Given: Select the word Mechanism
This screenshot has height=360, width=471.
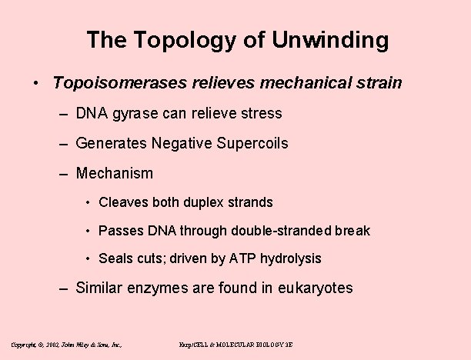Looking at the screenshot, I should pos(115,173).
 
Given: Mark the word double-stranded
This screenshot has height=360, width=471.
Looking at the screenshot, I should pos(286,231).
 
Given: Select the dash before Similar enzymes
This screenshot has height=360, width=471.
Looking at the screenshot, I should pos(66,288).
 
